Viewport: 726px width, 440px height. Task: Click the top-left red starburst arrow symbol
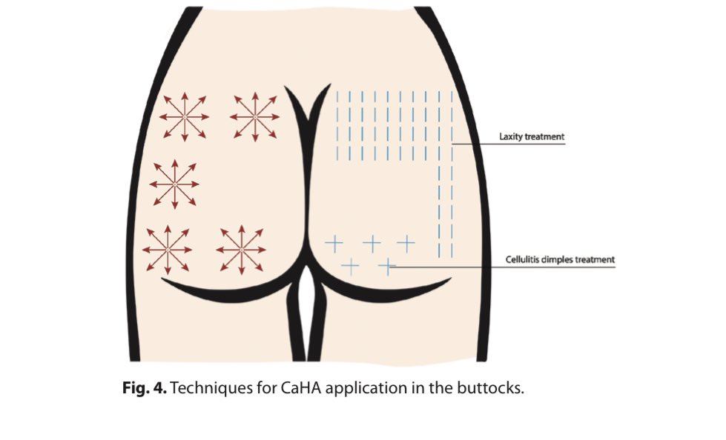click(184, 116)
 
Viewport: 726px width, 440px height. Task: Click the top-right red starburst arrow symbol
click(254, 116)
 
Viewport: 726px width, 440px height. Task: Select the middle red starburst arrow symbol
click(174, 183)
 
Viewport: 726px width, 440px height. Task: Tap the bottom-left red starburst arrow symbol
click(167, 249)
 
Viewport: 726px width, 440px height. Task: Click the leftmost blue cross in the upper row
click(334, 242)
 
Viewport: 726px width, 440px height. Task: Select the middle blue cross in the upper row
click(372, 242)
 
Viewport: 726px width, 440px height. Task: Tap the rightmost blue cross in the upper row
click(406, 242)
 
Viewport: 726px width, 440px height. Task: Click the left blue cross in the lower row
click(349, 264)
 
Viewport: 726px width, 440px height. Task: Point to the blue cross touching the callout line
click(387, 264)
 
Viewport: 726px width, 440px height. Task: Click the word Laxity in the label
click(510, 137)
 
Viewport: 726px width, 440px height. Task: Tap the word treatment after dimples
click(597, 259)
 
